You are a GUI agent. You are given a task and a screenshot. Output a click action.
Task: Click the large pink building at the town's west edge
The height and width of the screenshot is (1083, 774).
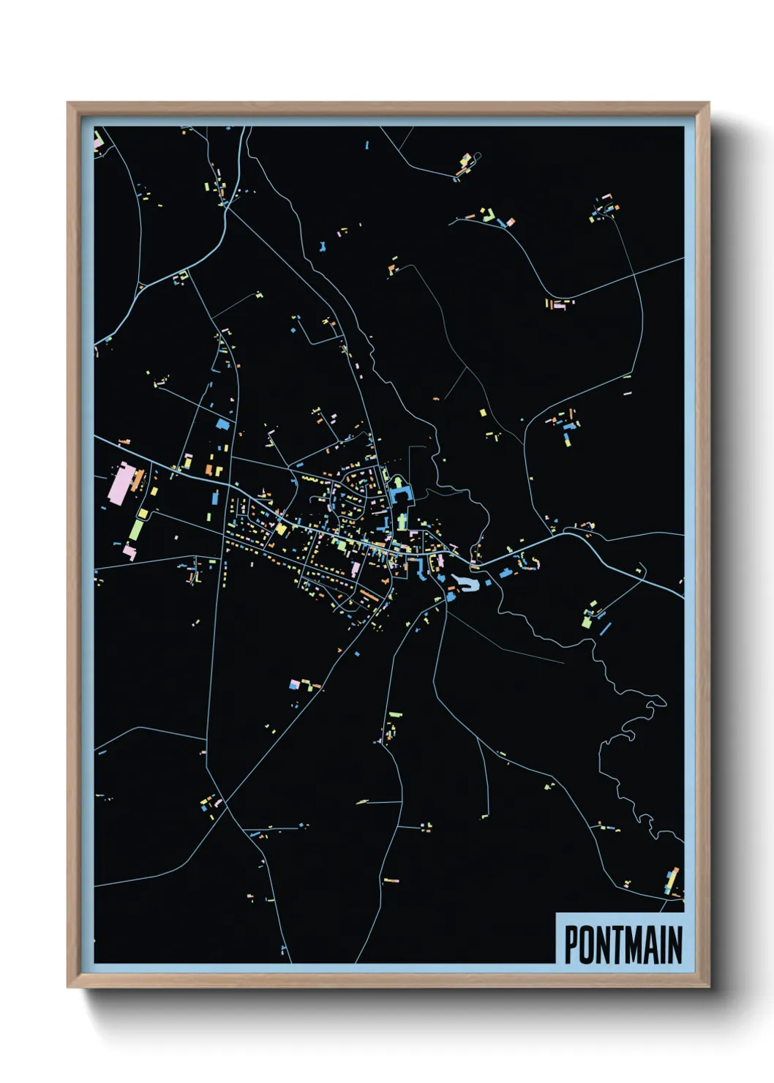120,484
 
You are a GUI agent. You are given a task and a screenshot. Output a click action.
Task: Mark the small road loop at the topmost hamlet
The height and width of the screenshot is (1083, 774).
478,157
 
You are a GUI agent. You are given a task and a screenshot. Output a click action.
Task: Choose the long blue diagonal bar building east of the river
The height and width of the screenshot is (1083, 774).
604,628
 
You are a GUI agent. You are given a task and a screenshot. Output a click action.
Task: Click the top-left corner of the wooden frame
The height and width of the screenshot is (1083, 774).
68,103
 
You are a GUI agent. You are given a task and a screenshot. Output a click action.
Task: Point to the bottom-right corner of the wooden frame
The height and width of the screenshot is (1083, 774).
708,987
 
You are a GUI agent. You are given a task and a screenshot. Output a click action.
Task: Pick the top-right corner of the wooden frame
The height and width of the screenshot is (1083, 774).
708,103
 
